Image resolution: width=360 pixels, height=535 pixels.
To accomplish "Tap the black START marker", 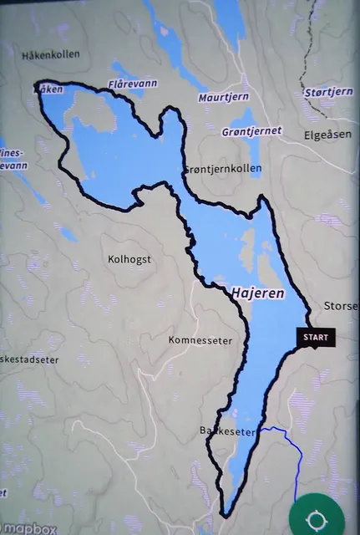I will [x=316, y=338].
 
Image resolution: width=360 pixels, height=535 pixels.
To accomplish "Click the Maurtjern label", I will [x=224, y=98].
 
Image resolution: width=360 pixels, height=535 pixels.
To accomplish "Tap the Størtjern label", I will [x=329, y=92].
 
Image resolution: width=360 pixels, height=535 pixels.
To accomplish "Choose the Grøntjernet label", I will [x=252, y=131].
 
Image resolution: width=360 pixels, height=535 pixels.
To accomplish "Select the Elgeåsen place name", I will [x=328, y=134].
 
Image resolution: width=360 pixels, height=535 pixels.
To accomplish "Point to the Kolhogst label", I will [x=129, y=259].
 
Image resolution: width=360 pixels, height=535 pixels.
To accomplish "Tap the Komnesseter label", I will [x=199, y=340].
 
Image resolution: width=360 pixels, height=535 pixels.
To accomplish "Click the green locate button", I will [x=317, y=519].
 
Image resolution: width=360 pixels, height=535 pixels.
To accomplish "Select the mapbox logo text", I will [x=32, y=528].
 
